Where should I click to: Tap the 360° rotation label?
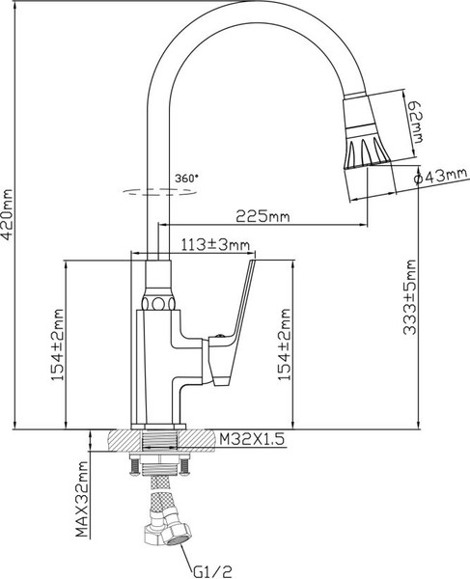click(x=186, y=178)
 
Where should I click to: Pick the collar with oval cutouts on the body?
click(x=158, y=302)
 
